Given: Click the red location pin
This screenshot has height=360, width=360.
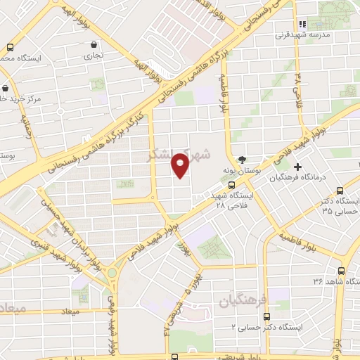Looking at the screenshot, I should coord(181,165).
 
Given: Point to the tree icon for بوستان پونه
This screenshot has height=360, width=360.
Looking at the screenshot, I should coord(243,159).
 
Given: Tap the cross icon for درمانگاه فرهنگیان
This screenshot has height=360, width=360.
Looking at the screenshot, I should coord(298,167).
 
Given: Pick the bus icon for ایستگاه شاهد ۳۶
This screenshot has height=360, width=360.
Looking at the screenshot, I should coord(341,271).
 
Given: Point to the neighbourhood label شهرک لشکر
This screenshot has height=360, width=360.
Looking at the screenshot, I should coord(169,155).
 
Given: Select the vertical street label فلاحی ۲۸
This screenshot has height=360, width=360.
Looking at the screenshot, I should coord(298,88).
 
